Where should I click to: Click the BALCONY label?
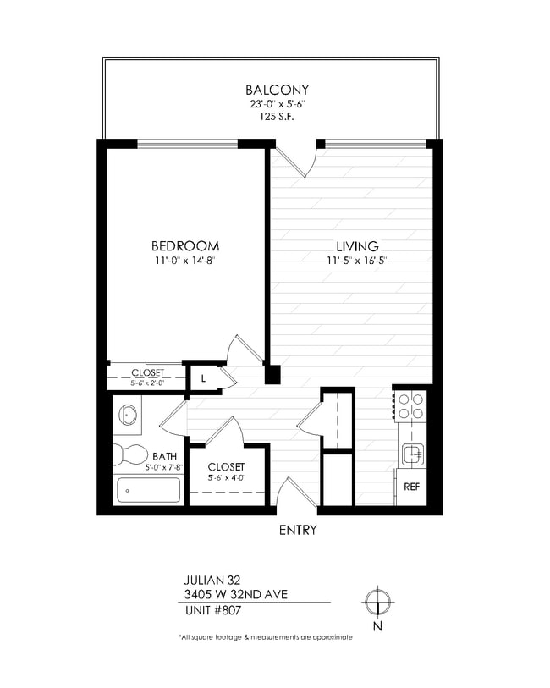click(x=277, y=90)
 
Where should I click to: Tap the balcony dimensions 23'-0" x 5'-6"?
click(x=277, y=104)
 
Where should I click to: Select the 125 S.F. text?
click(x=277, y=118)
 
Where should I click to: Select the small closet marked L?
click(x=204, y=378)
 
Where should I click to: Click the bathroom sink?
click(x=128, y=415)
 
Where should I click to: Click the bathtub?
click(x=148, y=490)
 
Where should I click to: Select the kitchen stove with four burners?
click(x=411, y=408)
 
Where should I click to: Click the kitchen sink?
click(x=412, y=455)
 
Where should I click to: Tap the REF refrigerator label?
click(x=412, y=487)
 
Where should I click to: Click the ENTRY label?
click(x=297, y=531)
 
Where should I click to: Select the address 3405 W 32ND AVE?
click(x=235, y=594)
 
